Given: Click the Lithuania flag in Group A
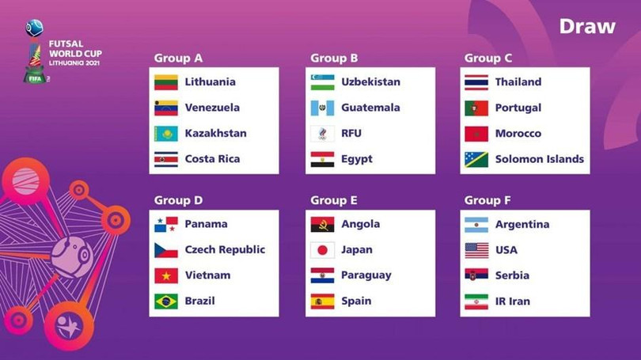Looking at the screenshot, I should [x=165, y=82].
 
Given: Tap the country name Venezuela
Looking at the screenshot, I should [x=212, y=108].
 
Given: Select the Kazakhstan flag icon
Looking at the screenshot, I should [x=165, y=133].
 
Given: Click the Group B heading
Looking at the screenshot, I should [x=334, y=58].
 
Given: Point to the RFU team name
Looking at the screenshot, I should [x=351, y=133].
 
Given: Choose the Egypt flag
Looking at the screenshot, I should [x=322, y=159].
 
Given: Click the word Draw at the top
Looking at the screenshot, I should [x=586, y=26].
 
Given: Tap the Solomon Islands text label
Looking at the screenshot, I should [x=540, y=159].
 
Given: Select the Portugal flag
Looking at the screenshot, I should [x=476, y=108].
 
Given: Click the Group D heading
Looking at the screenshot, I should [x=178, y=200].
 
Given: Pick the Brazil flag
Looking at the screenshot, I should [x=165, y=301].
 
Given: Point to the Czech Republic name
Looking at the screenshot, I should [x=225, y=250].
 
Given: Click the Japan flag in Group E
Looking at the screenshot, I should [x=322, y=250].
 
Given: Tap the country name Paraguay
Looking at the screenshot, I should [x=366, y=275].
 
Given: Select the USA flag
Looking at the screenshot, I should [x=476, y=250].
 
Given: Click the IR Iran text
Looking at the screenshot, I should [x=513, y=301].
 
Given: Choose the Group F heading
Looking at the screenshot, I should [x=487, y=200].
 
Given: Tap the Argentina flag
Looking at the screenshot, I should [x=476, y=225].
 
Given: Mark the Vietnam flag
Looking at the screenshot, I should [x=165, y=275].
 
